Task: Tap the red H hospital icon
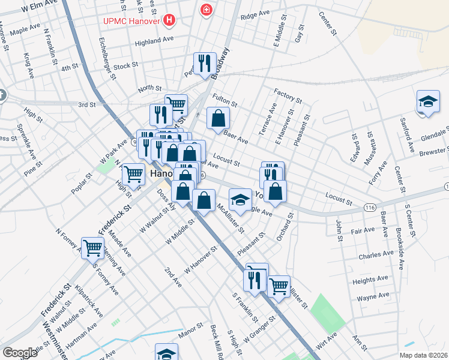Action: coord(170,20)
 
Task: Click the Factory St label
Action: coord(287,95)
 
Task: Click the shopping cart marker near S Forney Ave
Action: coord(92,248)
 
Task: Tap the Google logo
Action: coord(20,352)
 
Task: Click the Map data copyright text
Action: coord(423,355)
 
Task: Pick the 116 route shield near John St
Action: coord(370,207)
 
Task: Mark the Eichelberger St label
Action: coord(109,59)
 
